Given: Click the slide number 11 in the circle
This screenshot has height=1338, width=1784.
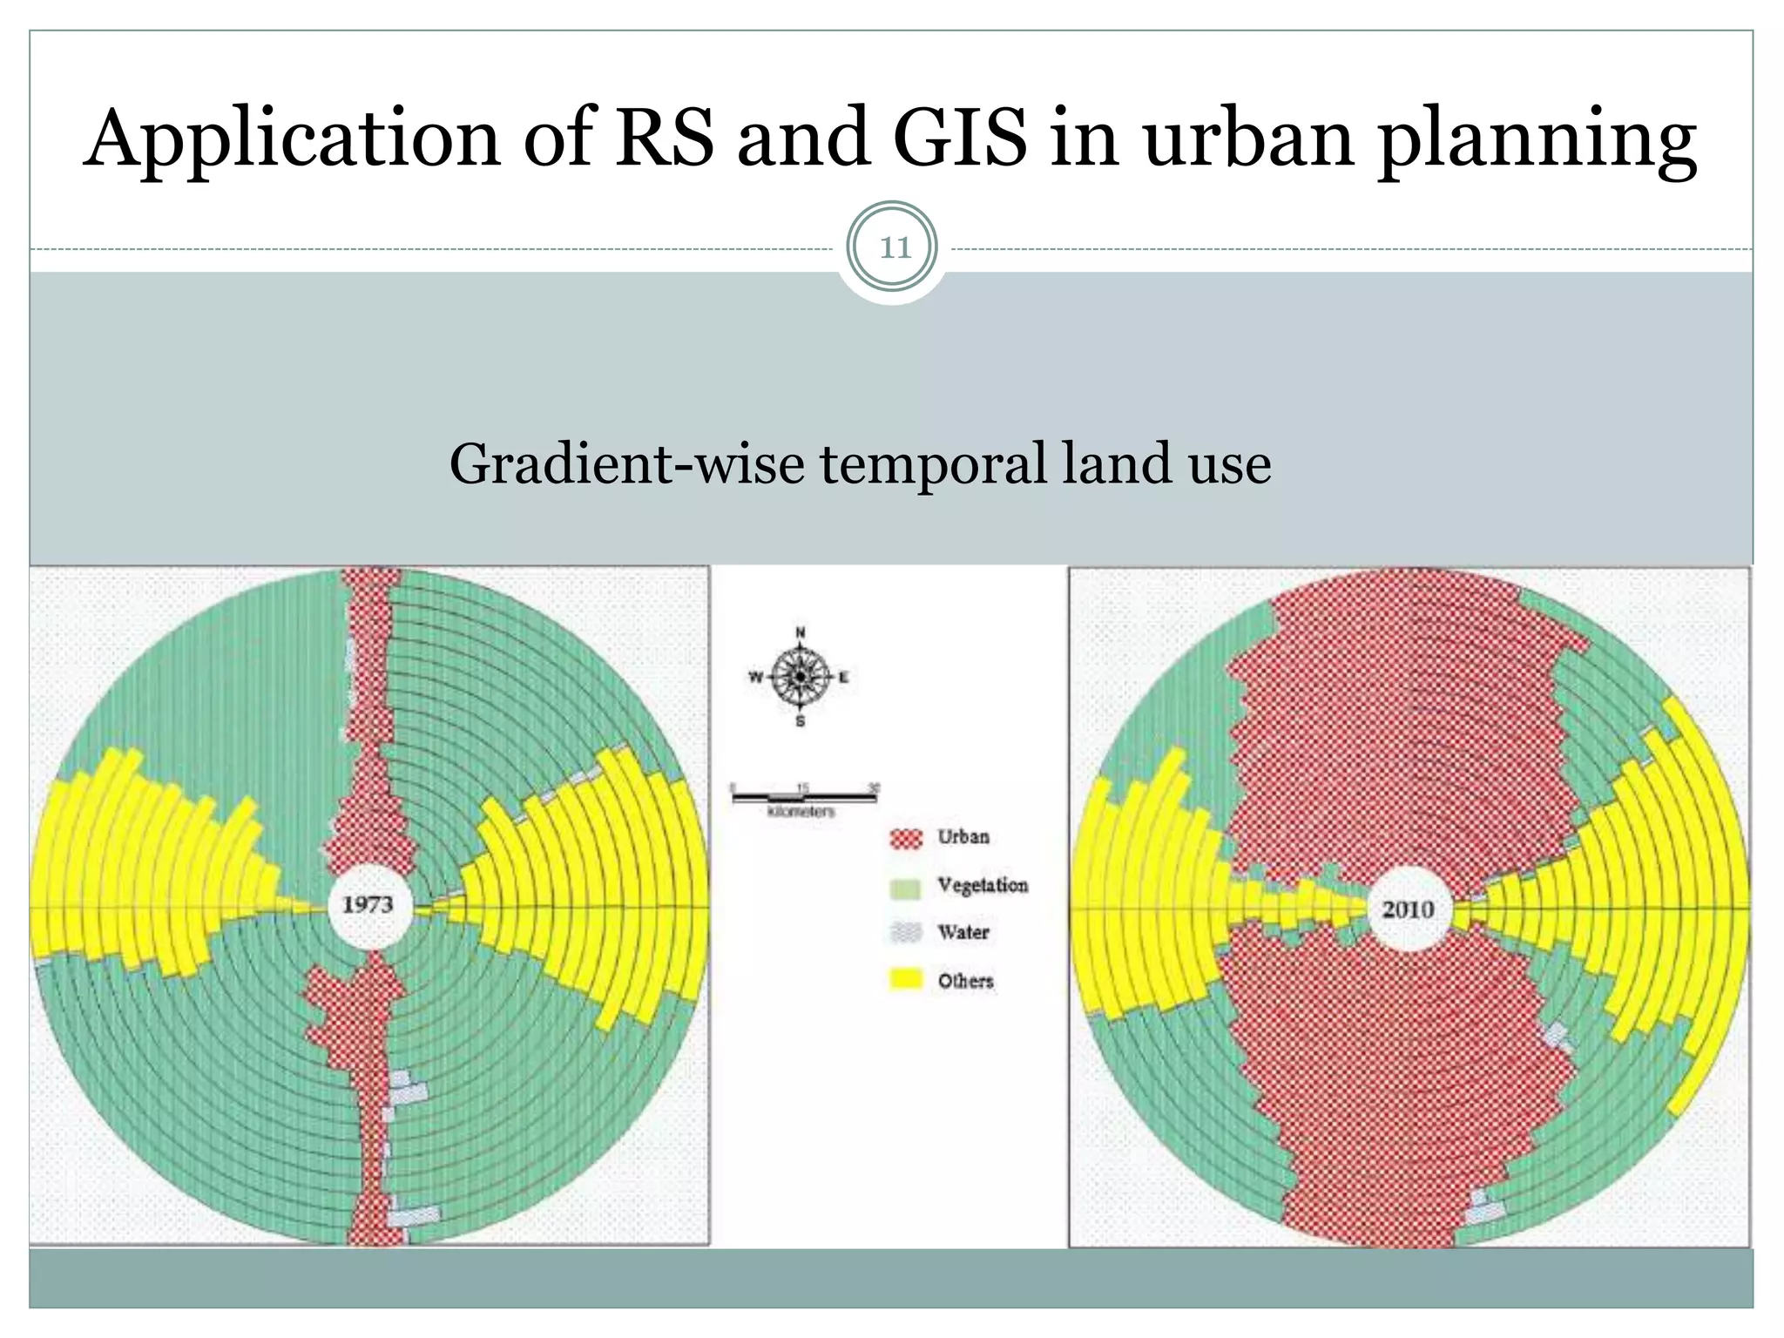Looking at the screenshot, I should tap(894, 248).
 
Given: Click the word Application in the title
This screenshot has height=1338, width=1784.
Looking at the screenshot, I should tap(293, 139).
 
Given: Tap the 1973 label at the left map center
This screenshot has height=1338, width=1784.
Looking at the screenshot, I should tap(367, 904).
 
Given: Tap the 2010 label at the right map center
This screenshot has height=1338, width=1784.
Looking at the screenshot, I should tap(1409, 909).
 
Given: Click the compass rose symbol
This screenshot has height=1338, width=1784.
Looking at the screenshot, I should tap(800, 677).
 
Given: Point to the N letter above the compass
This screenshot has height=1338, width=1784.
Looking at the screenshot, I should tap(801, 632).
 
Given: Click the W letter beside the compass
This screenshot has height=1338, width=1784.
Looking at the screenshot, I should tap(755, 677).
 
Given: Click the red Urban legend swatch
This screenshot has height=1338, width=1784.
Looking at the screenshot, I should tap(906, 838).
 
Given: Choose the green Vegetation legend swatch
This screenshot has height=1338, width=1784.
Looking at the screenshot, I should tap(906, 888).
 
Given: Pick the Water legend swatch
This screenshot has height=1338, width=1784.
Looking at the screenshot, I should tap(906, 933).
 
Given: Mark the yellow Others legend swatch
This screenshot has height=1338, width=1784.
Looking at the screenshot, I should tap(906, 980).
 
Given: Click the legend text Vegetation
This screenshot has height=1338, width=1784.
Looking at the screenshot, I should tap(983, 885).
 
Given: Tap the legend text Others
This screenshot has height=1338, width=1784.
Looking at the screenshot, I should tap(965, 981).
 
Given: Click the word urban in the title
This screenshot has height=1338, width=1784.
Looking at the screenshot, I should tap(1248, 139).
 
